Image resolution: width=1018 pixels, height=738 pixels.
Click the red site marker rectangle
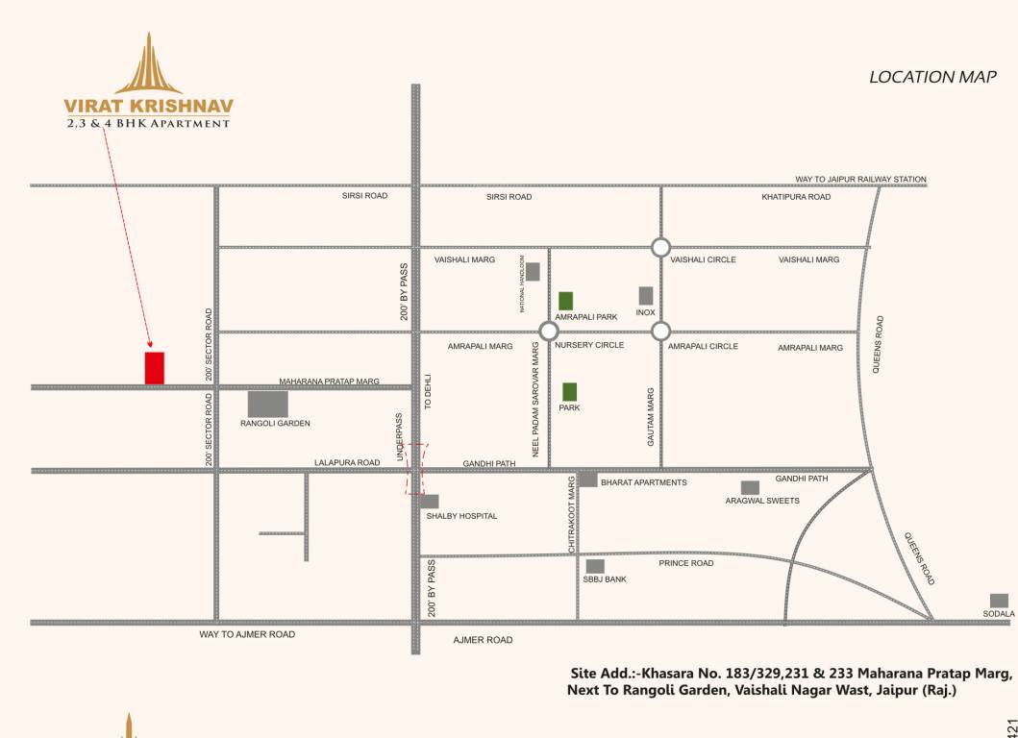(x=154, y=368)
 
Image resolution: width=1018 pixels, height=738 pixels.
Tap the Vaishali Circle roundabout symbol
(x=660, y=247)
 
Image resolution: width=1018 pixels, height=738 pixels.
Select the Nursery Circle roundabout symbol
(x=548, y=332)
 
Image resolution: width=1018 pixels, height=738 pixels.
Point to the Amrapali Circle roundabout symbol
(x=660, y=332)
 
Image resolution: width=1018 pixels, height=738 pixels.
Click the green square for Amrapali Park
(x=566, y=301)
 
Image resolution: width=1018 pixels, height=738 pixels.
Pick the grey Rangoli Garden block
(x=267, y=404)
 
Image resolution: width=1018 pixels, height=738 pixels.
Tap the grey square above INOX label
(x=646, y=295)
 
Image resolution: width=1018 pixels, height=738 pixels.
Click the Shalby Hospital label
(x=461, y=516)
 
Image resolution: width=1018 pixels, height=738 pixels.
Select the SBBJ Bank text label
(x=605, y=579)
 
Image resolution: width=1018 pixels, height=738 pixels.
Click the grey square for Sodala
(x=999, y=601)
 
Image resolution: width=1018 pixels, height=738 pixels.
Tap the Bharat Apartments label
(x=643, y=482)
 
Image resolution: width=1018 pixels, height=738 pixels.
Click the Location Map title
(x=932, y=77)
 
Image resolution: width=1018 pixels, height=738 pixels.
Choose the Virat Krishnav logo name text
(x=148, y=105)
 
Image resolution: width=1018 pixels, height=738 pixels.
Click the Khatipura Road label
(x=796, y=197)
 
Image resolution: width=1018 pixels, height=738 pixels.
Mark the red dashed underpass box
(x=415, y=469)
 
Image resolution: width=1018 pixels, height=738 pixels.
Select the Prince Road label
(x=686, y=563)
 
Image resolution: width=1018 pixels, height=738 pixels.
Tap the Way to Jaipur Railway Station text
(x=860, y=180)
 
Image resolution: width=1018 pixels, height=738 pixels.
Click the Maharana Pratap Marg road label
(x=330, y=381)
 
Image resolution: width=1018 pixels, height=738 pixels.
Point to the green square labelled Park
(x=569, y=391)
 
